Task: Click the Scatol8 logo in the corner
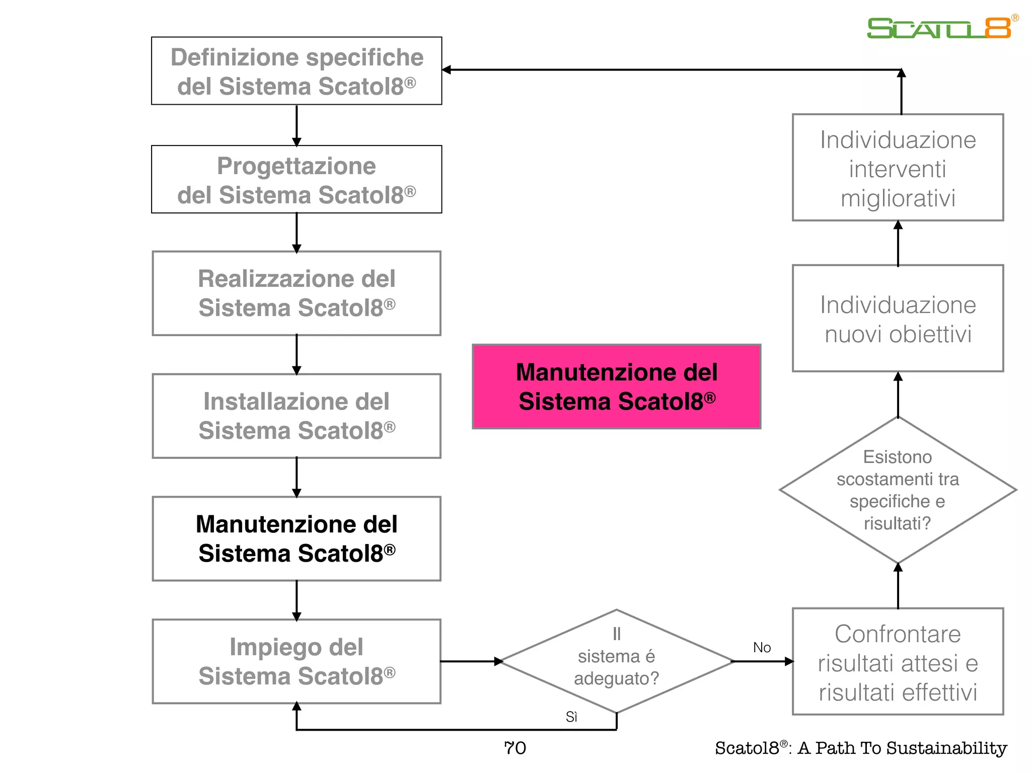[939, 28]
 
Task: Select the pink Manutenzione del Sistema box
[616, 386]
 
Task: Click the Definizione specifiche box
[297, 71]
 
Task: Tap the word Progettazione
[296, 166]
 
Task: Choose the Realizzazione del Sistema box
[297, 293]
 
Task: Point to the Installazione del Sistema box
[297, 416]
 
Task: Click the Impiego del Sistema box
[297, 661]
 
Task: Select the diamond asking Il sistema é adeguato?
[616, 661]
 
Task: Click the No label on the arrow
[762, 648]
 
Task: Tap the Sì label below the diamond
[571, 717]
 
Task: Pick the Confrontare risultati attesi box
[898, 662]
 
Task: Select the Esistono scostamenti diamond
[898, 490]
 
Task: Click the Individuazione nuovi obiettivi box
[898, 319]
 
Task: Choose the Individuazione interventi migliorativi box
[898, 168]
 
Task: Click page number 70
[515, 748]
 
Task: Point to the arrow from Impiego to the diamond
[470, 661]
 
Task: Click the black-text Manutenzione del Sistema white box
[297, 538]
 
